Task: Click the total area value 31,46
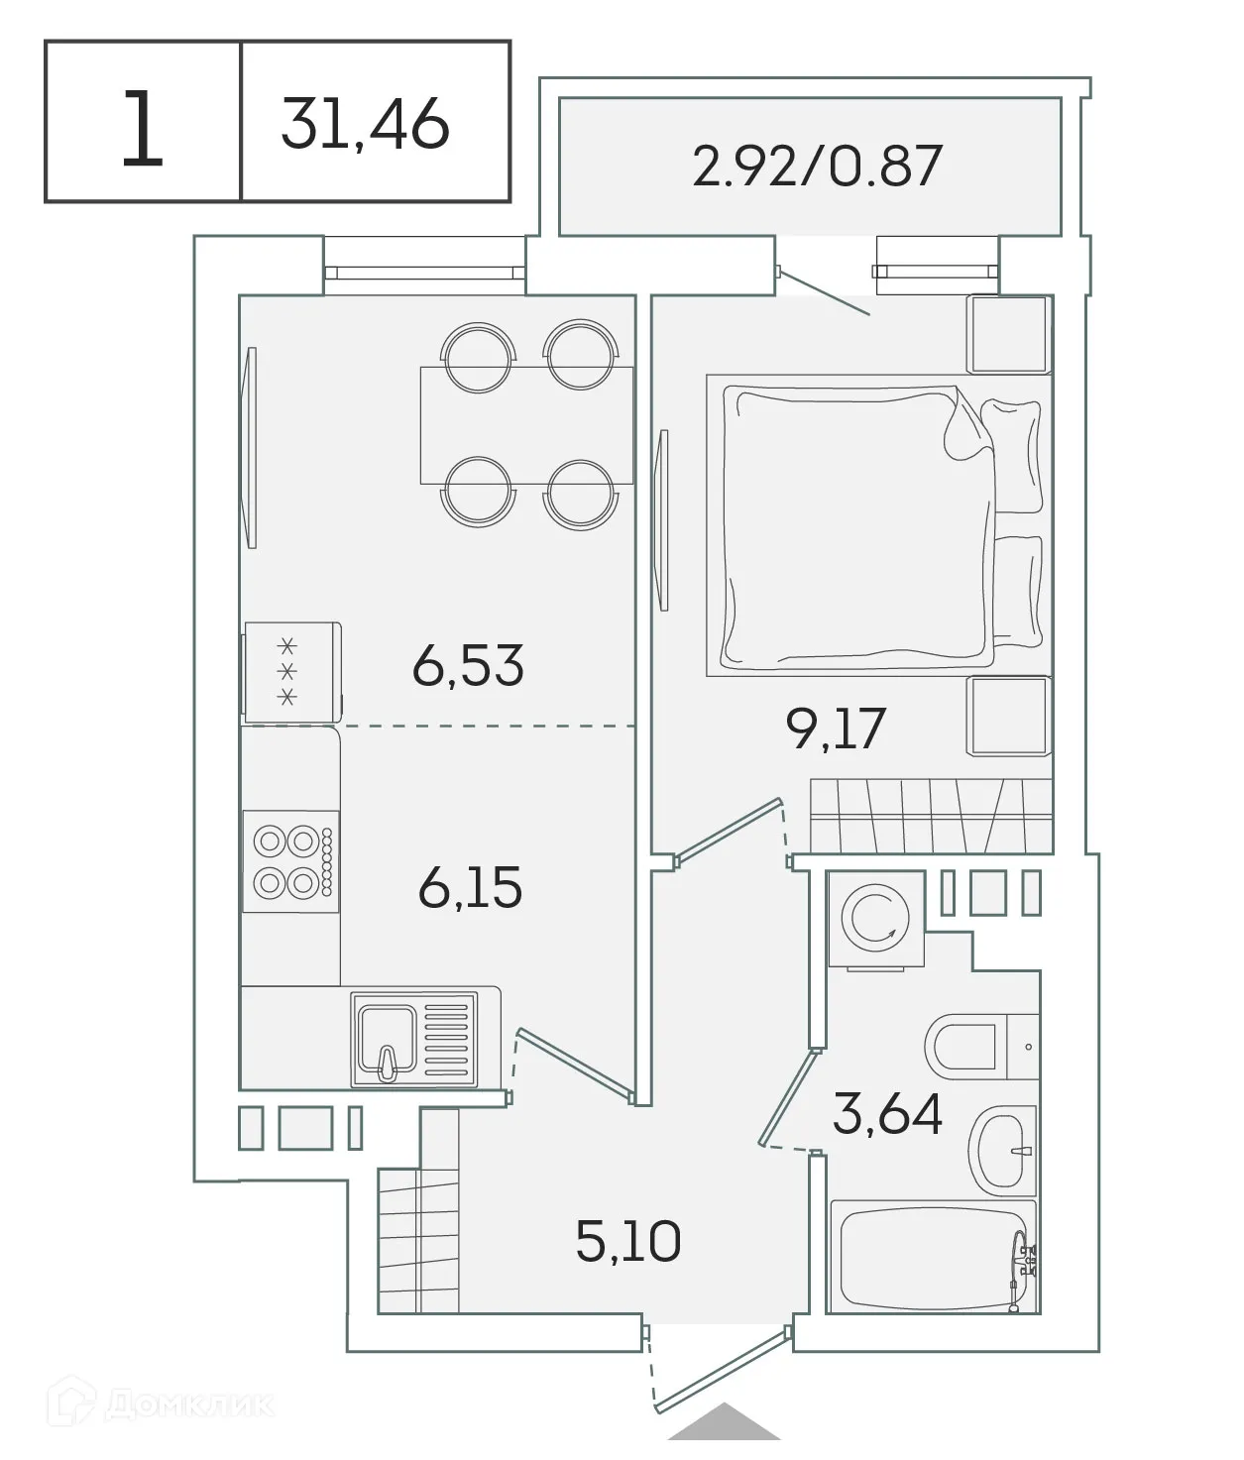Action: tap(365, 124)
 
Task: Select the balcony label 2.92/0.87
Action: tap(816, 166)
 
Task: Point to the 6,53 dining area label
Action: tap(468, 665)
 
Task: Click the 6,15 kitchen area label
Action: tap(470, 887)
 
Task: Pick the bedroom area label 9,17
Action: tap(834, 730)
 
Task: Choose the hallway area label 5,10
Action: tap(628, 1241)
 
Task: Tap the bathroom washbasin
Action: tap(1001, 1151)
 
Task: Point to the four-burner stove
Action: tap(291, 861)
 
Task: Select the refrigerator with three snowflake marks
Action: tap(291, 672)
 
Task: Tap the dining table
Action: tap(525, 425)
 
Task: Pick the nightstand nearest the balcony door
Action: tap(1008, 333)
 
